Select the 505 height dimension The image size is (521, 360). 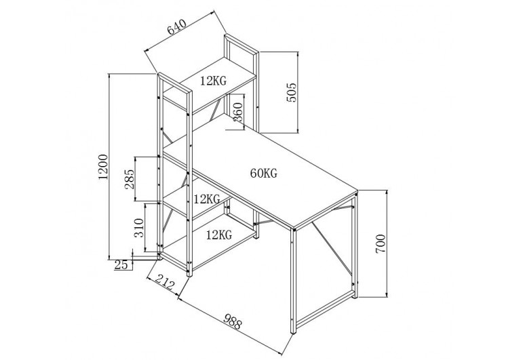pyautogui.click(x=290, y=92)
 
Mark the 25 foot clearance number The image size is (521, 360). pyautogui.click(x=122, y=265)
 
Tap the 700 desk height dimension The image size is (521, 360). pyautogui.click(x=380, y=242)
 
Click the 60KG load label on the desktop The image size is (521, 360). pyautogui.click(x=263, y=173)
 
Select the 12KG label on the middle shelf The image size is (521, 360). pyautogui.click(x=206, y=199)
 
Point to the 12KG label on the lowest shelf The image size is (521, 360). pyautogui.click(x=219, y=235)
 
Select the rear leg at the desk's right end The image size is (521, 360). pyautogui.click(x=356, y=244)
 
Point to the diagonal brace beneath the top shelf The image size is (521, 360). pyautogui.click(x=216, y=108)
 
